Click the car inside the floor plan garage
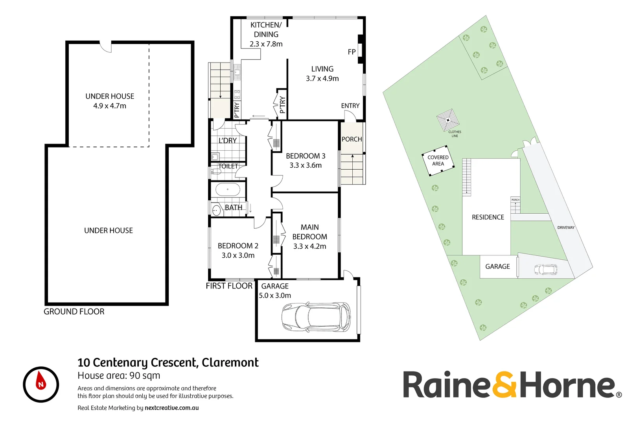[x=316, y=317]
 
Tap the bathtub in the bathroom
[x=228, y=190]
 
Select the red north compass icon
[x=41, y=384]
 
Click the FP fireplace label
[x=352, y=52]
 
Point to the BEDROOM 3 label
[x=306, y=156]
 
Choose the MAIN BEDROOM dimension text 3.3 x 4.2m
[x=309, y=246]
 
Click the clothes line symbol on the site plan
[x=448, y=120]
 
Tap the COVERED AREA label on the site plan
[x=438, y=161]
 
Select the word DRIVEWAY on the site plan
[x=566, y=227]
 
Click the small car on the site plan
[x=545, y=270]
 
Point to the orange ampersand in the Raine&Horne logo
[x=504, y=384]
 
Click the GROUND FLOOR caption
[x=74, y=312]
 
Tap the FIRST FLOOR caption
[x=229, y=286]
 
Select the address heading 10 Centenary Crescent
[x=168, y=362]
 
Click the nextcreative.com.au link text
[x=171, y=408]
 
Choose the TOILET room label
[x=228, y=166]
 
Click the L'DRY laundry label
[x=228, y=140]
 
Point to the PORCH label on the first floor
[x=352, y=139]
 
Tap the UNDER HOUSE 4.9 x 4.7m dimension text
[x=110, y=106]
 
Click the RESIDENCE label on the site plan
[x=488, y=217]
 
